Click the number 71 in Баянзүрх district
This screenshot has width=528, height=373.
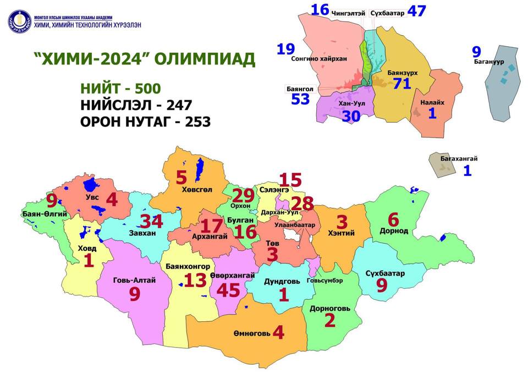pyautogui.click(x=402, y=84)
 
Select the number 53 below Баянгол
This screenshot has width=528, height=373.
pyautogui.click(x=300, y=99)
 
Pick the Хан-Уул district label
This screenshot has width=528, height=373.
pyautogui.click(x=352, y=103)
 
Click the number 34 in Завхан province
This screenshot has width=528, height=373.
pyautogui.click(x=151, y=222)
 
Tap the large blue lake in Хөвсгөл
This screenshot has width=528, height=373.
pyautogui.click(x=199, y=166)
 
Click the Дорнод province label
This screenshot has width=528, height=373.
pyautogui.click(x=394, y=231)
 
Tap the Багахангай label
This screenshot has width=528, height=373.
pyautogui.click(x=459, y=159)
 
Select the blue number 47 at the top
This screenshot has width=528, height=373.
pyautogui.click(x=420, y=11)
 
